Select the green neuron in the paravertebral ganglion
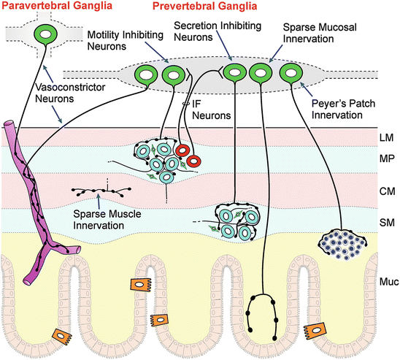point(47,34)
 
